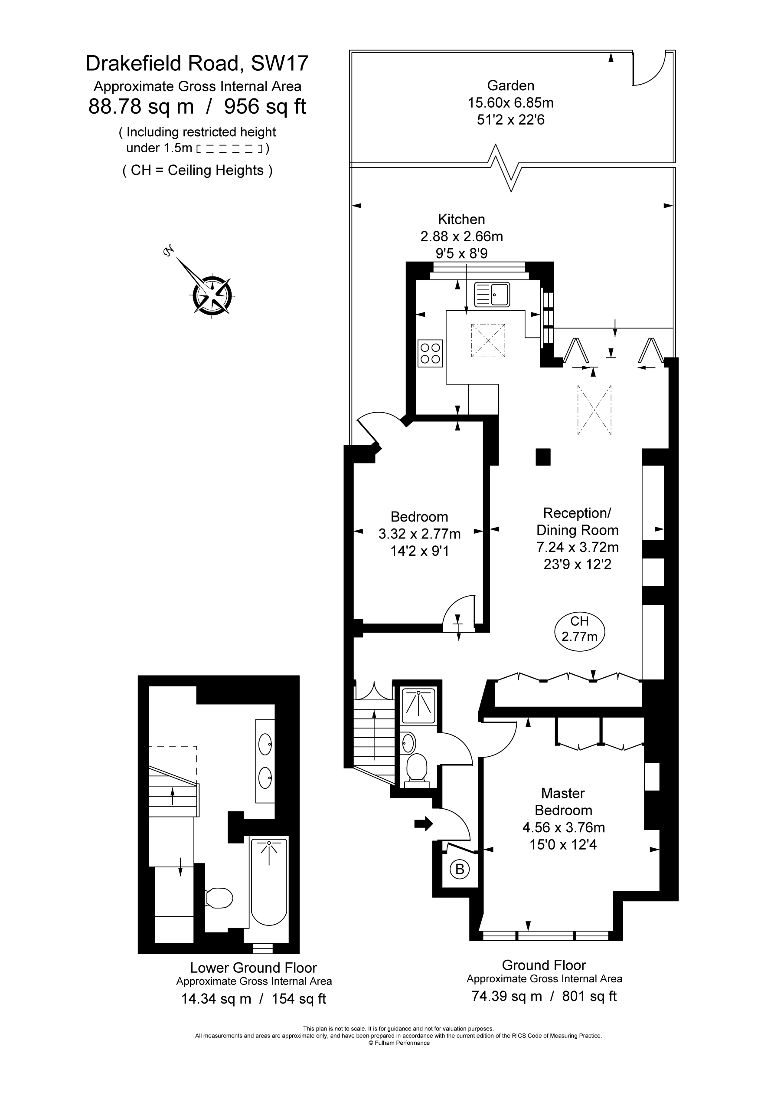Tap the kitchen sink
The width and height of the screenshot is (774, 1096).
[492, 294]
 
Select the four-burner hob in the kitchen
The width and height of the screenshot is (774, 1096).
[430, 353]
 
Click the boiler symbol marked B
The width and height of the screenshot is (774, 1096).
[460, 869]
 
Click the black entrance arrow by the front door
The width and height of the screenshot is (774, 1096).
[423, 824]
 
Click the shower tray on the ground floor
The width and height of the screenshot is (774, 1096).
[418, 706]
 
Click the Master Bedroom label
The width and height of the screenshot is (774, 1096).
[563, 802]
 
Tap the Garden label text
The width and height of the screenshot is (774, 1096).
[511, 85]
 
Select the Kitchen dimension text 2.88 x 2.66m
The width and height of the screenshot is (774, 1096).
[461, 236]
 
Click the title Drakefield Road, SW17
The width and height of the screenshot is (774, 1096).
[197, 63]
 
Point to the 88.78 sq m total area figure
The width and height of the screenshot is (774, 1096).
[141, 106]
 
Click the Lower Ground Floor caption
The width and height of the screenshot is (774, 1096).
[253, 968]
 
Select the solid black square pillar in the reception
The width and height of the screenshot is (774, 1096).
[543, 457]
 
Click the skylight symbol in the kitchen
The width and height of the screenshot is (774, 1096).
[488, 340]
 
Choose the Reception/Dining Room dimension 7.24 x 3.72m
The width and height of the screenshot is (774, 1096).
[578, 547]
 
